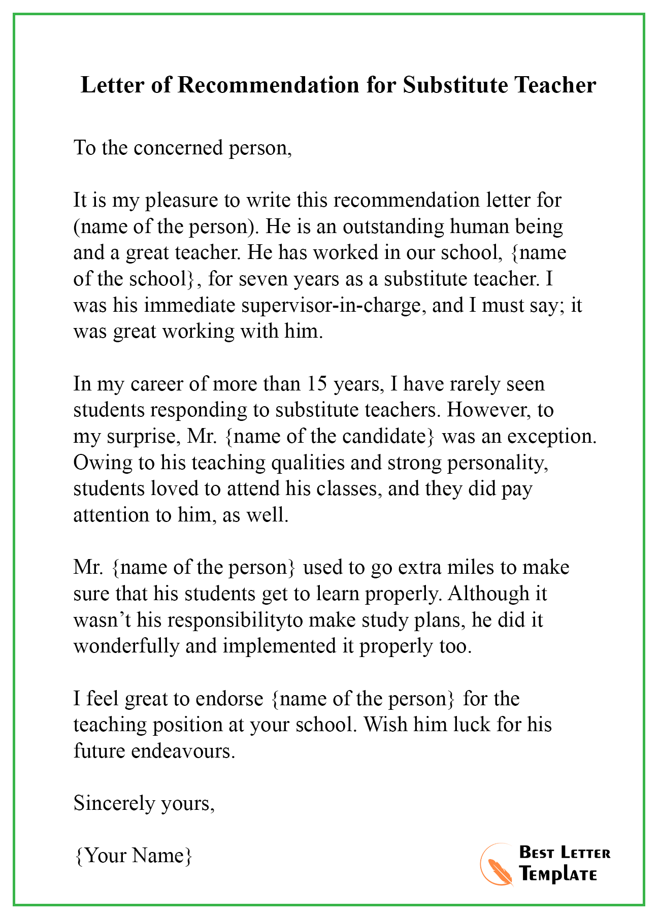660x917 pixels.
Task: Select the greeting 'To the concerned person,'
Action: tap(183, 148)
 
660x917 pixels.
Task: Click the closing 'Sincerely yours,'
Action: tap(144, 803)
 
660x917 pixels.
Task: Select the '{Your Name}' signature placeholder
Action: tap(133, 856)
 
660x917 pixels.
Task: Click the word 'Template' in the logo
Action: tap(558, 874)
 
